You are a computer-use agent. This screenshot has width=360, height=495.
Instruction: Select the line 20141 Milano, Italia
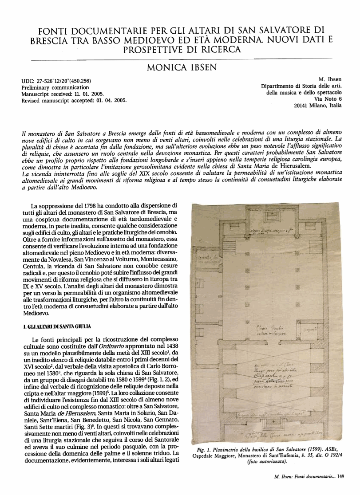pyautogui.click(x=318, y=106)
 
